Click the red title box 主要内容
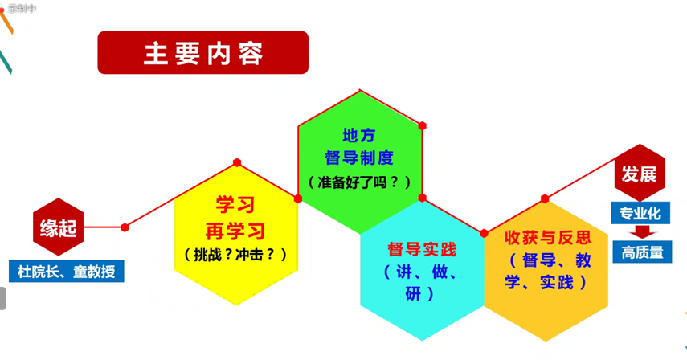(x=202, y=52)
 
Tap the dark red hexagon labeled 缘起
(x=59, y=227)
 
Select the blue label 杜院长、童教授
(x=66, y=271)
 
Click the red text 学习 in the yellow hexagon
(x=235, y=205)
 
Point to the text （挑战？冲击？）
(x=235, y=255)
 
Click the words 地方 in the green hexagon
(x=359, y=135)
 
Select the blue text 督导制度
(x=359, y=157)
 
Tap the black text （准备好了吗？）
(x=359, y=182)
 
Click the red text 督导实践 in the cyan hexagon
(x=422, y=249)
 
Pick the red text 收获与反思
(x=547, y=237)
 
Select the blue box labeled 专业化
(x=640, y=213)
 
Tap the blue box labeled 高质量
(x=642, y=252)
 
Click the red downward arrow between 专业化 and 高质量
(x=642, y=231)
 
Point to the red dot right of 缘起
(x=125, y=227)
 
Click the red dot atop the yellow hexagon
(x=237, y=162)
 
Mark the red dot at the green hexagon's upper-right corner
(x=422, y=125)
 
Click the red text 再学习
(x=235, y=231)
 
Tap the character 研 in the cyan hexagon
(x=413, y=293)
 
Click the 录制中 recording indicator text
(x=22, y=8)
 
